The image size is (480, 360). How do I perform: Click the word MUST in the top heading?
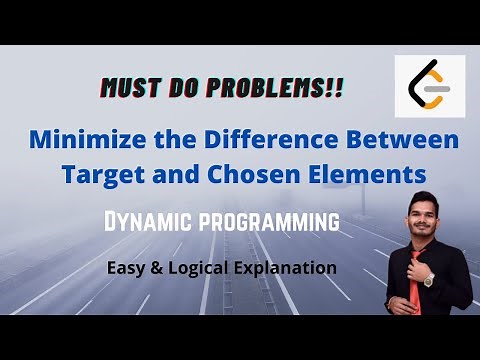(x=130, y=88)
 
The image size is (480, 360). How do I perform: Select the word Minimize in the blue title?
(x=97, y=137)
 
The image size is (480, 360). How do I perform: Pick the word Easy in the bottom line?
(x=128, y=268)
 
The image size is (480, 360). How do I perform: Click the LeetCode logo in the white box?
(x=429, y=87)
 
